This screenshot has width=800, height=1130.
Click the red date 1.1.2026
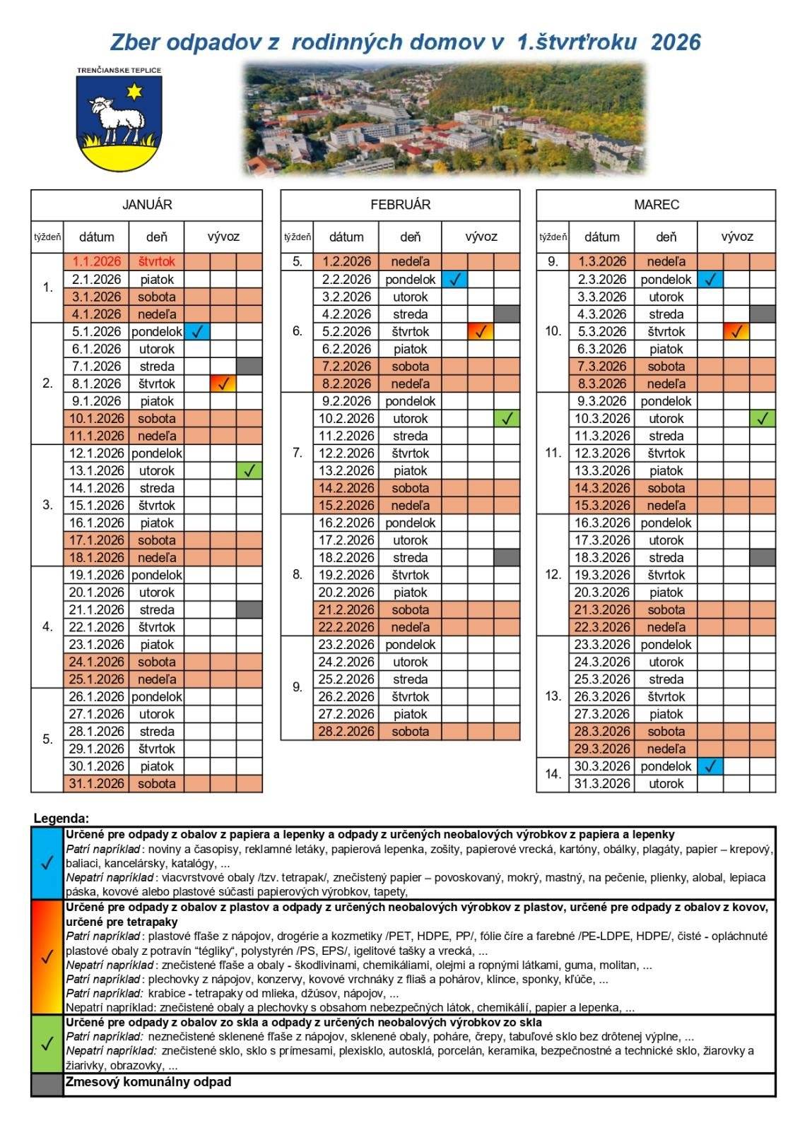click(x=96, y=261)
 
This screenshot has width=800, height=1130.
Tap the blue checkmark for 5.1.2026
click(x=197, y=331)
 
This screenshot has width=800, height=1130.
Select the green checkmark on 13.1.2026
click(x=249, y=470)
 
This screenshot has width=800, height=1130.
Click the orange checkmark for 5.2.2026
click(x=481, y=331)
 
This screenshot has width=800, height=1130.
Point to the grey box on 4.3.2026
click(x=763, y=314)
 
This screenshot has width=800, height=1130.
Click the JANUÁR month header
click(x=146, y=205)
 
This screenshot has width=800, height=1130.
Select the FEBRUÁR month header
click(x=400, y=205)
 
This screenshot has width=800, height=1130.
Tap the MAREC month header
click(x=656, y=205)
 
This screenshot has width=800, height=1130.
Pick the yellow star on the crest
click(x=133, y=91)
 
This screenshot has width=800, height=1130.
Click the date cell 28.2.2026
click(x=346, y=732)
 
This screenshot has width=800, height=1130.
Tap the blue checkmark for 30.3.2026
click(x=710, y=766)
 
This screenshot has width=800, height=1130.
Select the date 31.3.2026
click(x=601, y=784)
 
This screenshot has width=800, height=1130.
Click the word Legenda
click(x=61, y=819)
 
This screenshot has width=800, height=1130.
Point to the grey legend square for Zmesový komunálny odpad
click(x=47, y=1085)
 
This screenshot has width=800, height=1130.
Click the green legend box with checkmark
click(x=47, y=1044)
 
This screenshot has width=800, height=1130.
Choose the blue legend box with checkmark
click(x=47, y=862)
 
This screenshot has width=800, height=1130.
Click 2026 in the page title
click(x=675, y=42)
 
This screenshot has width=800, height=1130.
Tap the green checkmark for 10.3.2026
click(x=763, y=418)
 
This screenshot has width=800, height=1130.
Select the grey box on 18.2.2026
click(x=507, y=557)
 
